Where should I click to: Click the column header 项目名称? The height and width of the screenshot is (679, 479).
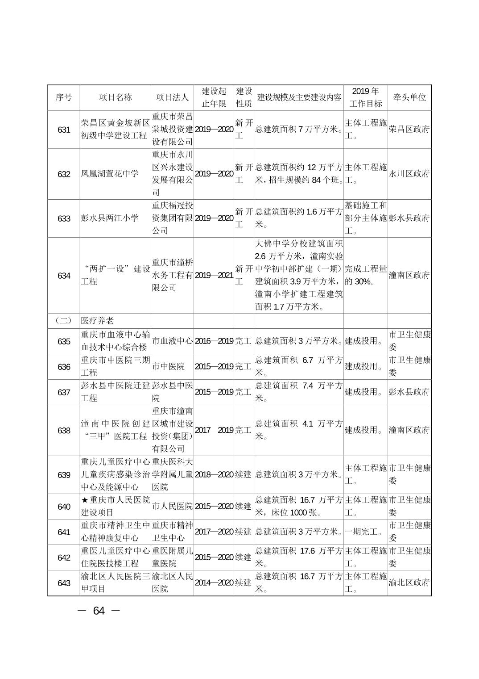click(x=116, y=97)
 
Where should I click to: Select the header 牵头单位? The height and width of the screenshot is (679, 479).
click(x=409, y=97)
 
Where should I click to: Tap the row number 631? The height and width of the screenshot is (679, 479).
click(x=64, y=130)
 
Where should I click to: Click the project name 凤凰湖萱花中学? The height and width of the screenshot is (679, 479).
click(x=110, y=174)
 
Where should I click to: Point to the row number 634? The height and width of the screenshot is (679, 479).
click(x=64, y=276)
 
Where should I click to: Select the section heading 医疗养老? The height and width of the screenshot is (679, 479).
click(x=97, y=321)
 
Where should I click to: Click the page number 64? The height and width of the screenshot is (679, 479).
click(x=99, y=611)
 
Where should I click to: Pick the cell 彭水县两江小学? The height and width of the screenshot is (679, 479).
click(x=110, y=218)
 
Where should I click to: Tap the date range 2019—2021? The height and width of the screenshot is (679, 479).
click(x=214, y=275)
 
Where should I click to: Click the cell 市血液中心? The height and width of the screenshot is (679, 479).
click(x=173, y=341)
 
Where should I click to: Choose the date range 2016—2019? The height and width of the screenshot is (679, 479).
click(x=214, y=341)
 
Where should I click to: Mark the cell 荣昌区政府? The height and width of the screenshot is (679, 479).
click(x=409, y=130)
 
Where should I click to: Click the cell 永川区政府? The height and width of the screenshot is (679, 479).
click(x=409, y=174)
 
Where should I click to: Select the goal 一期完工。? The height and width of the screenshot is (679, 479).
click(x=364, y=532)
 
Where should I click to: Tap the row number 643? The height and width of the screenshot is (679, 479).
click(x=64, y=583)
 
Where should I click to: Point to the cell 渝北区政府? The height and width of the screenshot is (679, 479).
click(x=409, y=583)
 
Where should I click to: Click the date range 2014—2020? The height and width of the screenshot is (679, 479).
click(x=214, y=583)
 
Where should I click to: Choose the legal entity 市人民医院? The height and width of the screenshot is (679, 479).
click(x=173, y=507)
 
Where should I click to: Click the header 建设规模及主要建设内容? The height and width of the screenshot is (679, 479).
click(x=299, y=97)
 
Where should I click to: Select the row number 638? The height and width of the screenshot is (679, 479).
click(x=64, y=431)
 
